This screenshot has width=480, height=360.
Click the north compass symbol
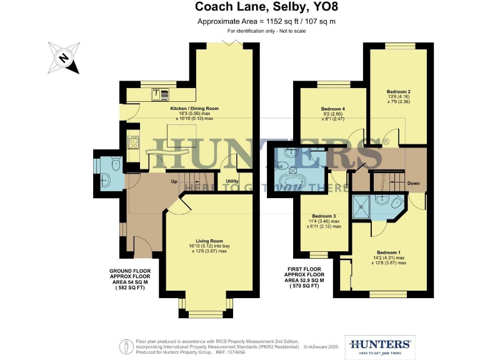[63, 57]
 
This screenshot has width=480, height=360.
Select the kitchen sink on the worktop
[161, 95]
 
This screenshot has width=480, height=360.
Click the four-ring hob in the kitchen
[133, 143]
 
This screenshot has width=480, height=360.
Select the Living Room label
[209, 241]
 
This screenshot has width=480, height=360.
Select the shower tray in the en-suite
[361, 204]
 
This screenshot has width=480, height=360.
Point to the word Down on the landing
[414, 184]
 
